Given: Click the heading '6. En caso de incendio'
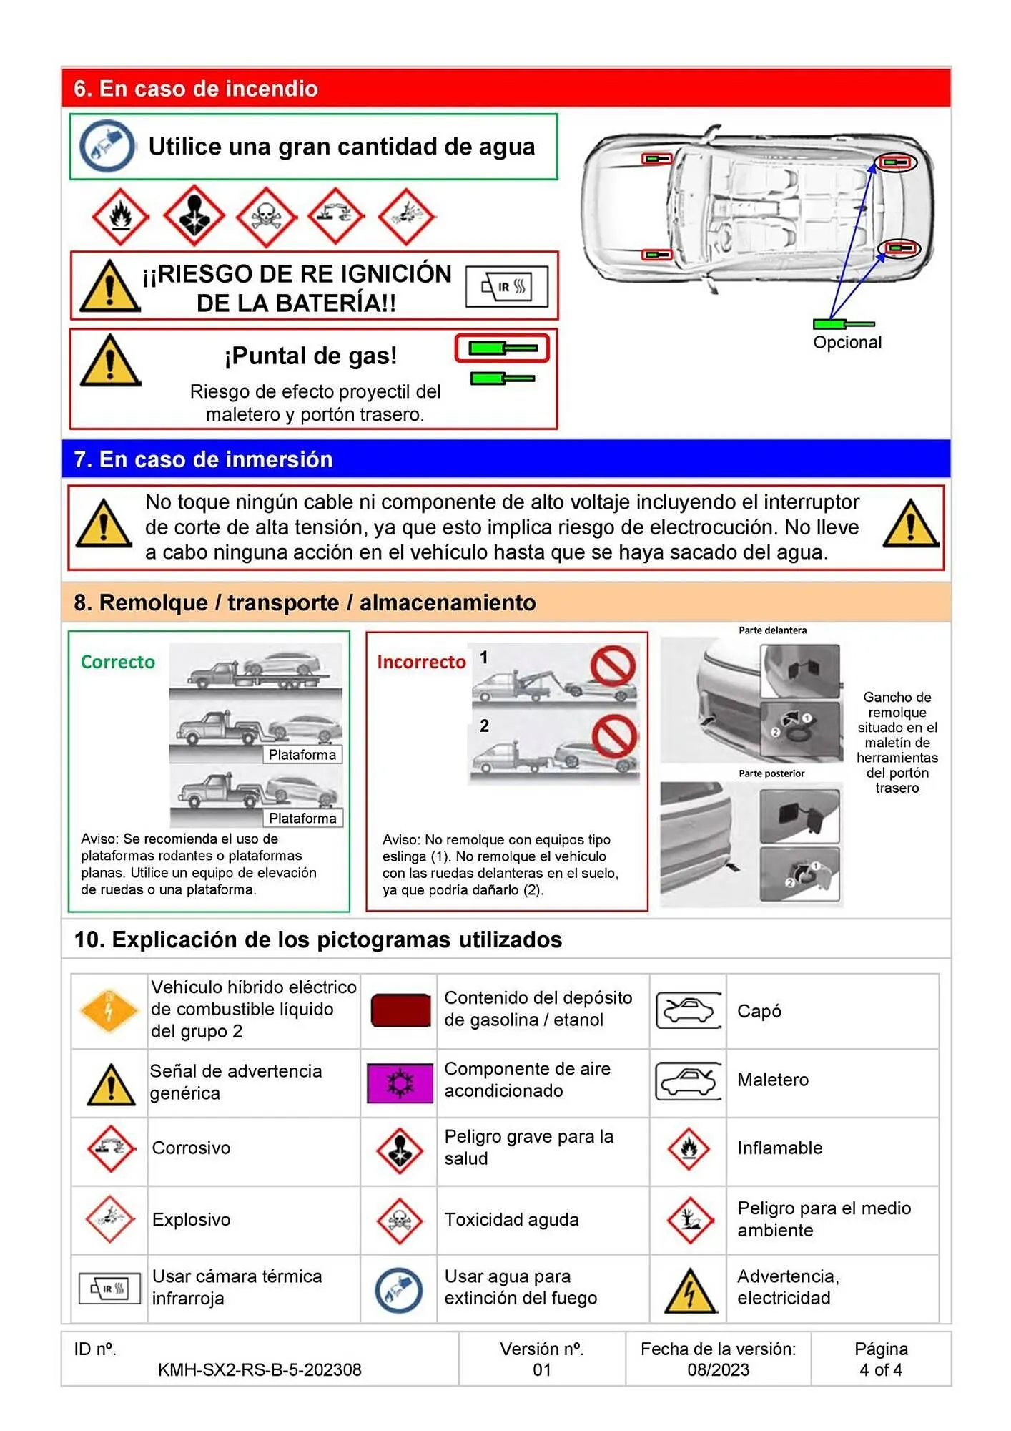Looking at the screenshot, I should coord(195,89).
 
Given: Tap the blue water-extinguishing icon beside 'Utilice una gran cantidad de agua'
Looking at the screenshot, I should coord(107,147).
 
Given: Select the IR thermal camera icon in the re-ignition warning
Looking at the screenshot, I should coord(506,287).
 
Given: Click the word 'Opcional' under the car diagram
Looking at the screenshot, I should coord(847,343).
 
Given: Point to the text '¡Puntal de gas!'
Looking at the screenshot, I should coord(310,356).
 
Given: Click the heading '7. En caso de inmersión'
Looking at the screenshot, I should coord(203,459).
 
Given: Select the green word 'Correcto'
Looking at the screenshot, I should coord(117,662).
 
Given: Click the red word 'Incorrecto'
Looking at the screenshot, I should coord(421,662).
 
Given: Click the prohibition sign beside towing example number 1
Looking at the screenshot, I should coord(613,666).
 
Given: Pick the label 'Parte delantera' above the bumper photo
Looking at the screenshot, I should coord(772,630).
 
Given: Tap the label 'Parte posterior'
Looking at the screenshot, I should coord(771,773).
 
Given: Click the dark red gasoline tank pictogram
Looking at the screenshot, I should coord(400,1010).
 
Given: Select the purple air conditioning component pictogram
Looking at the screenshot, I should coord(400,1082).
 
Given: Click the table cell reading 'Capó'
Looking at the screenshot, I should coord(759,1011).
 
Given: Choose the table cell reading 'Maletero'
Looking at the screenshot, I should coord(772,1080).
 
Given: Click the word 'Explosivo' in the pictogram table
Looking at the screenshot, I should coord(191,1219).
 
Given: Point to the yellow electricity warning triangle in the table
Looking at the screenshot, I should coord(689,1291).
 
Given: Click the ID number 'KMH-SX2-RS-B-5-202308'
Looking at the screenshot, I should coord(260,1369).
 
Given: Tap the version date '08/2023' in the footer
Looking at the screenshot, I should coord(718,1369).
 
